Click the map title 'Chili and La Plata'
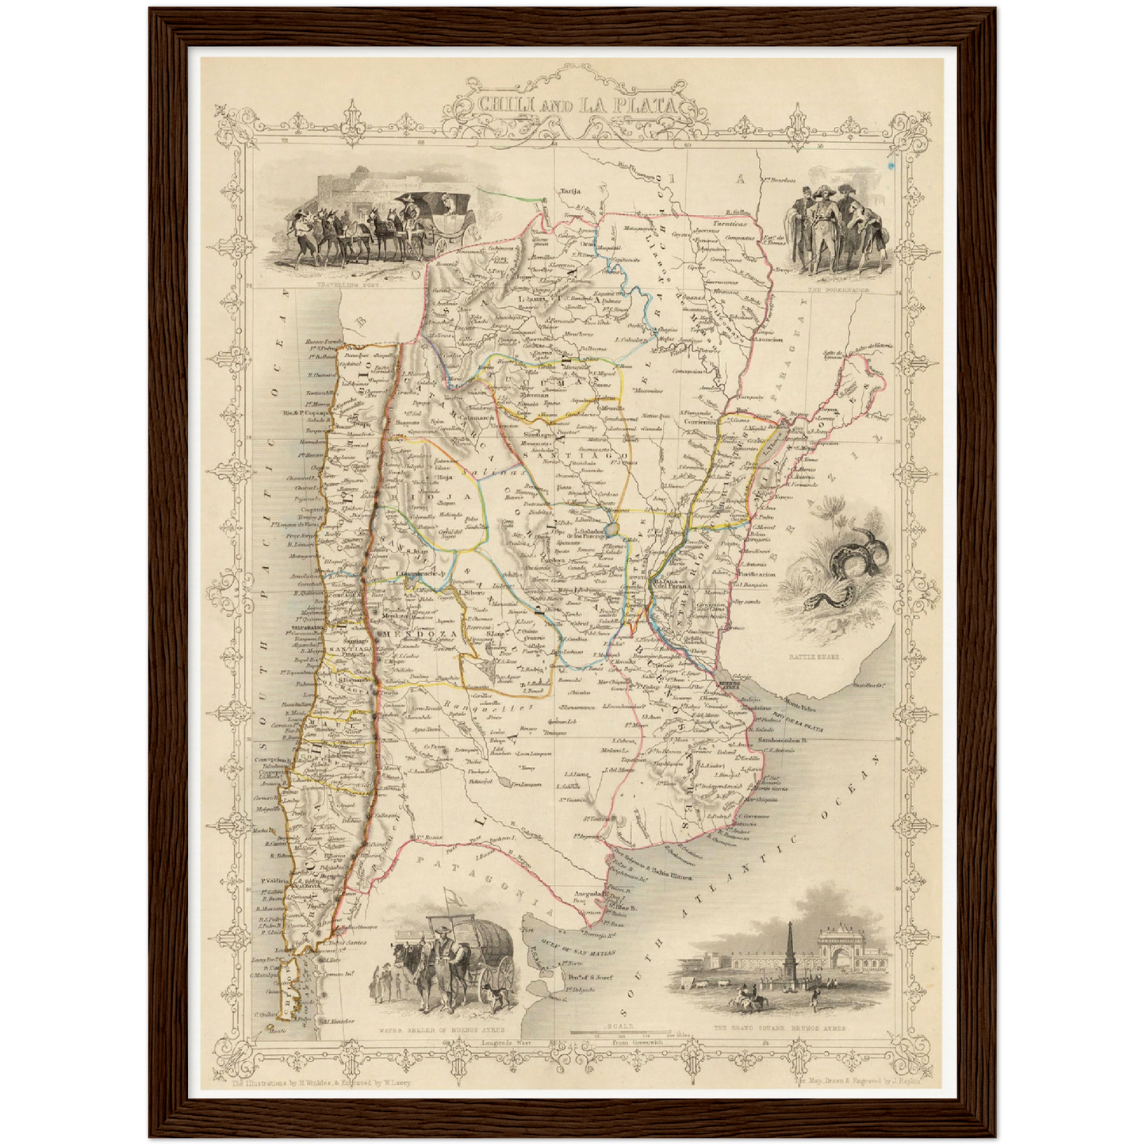[x=577, y=105]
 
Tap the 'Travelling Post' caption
[x=347, y=283]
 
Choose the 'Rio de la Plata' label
[x=797, y=719]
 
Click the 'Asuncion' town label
[x=767, y=339]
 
